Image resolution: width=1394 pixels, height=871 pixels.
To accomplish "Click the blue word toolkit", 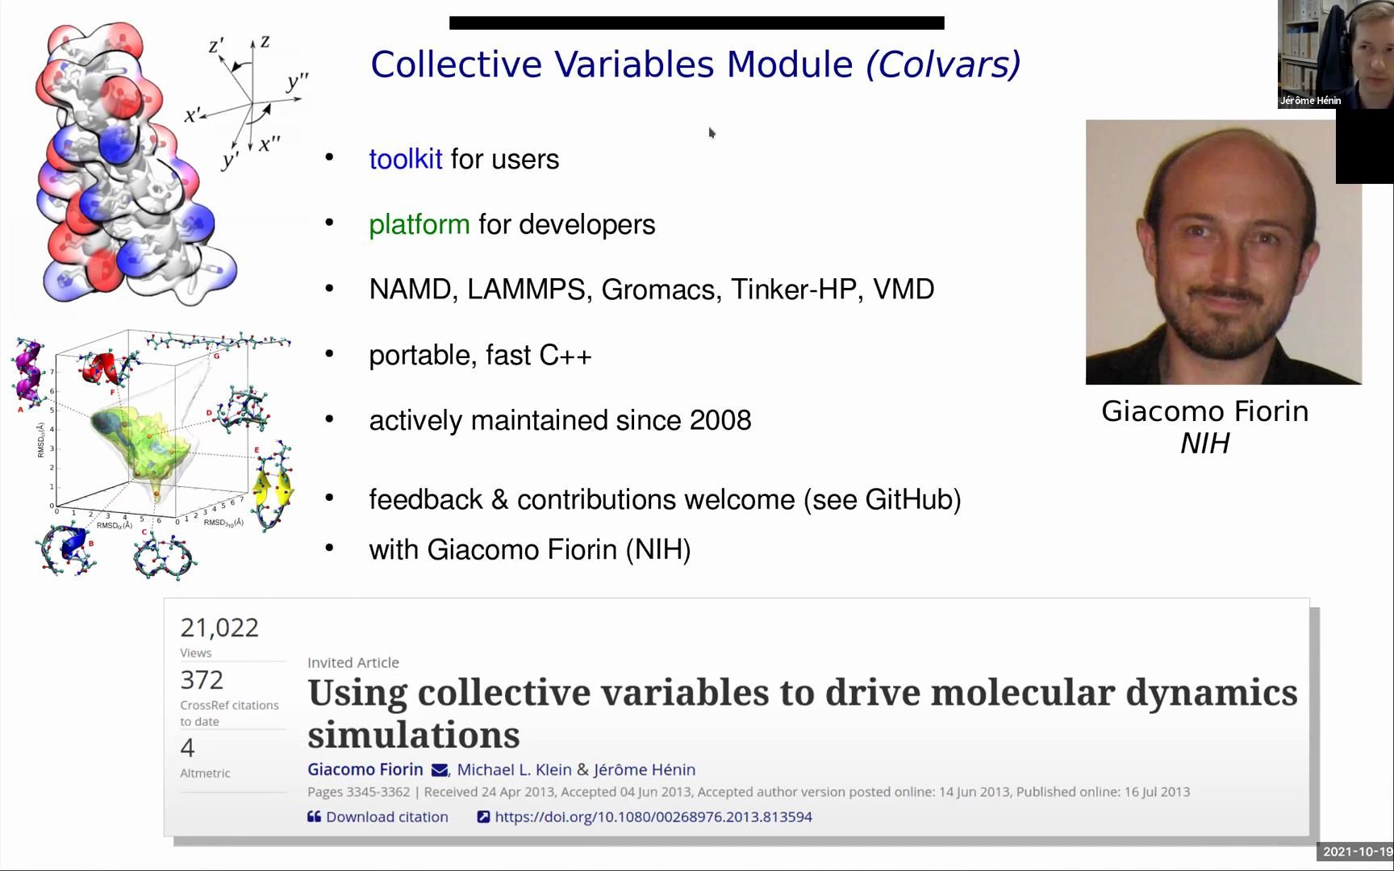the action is pyautogui.click(x=405, y=160).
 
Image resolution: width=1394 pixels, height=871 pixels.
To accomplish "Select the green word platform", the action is pyautogui.click(x=419, y=225).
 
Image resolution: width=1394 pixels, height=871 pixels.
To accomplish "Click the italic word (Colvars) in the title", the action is pyautogui.click(x=943, y=65).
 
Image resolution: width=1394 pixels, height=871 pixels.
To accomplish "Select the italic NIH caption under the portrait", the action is pyautogui.click(x=1204, y=444).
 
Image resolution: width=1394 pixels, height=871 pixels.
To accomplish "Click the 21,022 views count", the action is pyautogui.click(x=219, y=627).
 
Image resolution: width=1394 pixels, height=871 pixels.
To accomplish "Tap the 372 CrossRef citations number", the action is pyautogui.click(x=202, y=680).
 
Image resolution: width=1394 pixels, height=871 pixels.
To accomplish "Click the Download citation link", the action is pyautogui.click(x=378, y=817).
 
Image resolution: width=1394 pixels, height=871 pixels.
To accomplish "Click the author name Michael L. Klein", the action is pyautogui.click(x=514, y=769).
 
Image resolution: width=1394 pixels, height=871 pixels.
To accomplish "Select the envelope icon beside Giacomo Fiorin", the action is pyautogui.click(x=440, y=770).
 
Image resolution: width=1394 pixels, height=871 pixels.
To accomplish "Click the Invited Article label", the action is pyautogui.click(x=353, y=663).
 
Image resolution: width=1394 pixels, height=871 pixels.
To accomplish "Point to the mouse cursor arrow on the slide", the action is pyautogui.click(x=712, y=132).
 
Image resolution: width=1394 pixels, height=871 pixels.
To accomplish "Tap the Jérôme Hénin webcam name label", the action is pyautogui.click(x=1310, y=101).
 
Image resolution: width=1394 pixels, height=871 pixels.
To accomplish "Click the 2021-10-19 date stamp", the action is pyautogui.click(x=1358, y=852).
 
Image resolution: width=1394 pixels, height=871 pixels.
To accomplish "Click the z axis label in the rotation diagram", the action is pyautogui.click(x=265, y=42).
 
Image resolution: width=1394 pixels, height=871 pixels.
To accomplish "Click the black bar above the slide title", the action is pyautogui.click(x=696, y=23).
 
